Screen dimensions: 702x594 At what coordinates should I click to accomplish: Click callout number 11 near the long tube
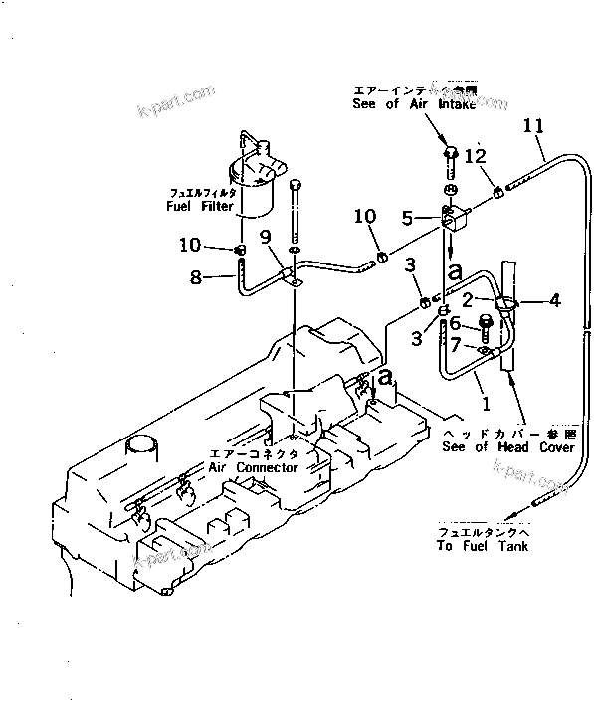[x=534, y=126]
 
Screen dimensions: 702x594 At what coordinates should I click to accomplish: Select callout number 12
[x=476, y=156]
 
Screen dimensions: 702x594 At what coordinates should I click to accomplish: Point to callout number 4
[x=554, y=299]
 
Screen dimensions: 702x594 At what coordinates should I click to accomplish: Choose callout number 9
[x=266, y=236]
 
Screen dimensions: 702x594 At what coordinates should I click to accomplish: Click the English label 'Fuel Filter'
[x=200, y=207]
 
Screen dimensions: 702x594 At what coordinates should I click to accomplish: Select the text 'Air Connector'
[x=254, y=467]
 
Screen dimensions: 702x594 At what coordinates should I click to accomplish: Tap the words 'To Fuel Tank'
[x=482, y=547]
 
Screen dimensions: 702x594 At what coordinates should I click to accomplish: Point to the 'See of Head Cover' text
[x=509, y=448]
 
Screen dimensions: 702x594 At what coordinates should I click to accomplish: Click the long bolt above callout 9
[x=296, y=214]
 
